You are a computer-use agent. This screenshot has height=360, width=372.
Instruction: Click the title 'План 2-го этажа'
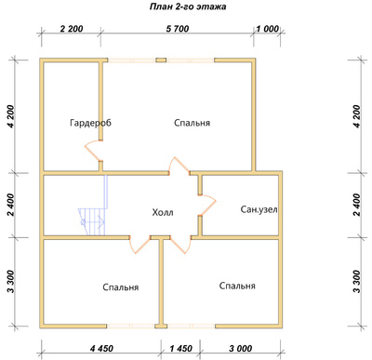tap(188, 7)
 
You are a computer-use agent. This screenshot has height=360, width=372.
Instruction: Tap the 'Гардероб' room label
tap(90, 123)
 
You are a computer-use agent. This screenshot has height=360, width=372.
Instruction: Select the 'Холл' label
tap(163, 213)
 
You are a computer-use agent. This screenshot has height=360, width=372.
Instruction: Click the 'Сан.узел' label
tap(259, 209)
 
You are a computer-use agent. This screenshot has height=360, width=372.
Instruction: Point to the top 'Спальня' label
tap(192, 123)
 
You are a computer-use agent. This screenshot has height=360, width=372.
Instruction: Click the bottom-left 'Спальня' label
tap(121, 287)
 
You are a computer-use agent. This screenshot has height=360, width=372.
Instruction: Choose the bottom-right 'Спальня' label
tap(237, 286)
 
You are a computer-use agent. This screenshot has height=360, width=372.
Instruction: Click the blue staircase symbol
tap(93, 214)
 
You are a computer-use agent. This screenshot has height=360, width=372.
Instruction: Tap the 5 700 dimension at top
tap(178, 29)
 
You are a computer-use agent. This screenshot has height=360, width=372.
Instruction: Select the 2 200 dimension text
tap(72, 29)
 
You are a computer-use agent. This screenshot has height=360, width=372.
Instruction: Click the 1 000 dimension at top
tap(268, 29)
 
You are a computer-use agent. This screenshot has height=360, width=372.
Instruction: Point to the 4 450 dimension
tap(101, 349)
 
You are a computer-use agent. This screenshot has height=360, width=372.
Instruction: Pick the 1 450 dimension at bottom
tap(180, 349)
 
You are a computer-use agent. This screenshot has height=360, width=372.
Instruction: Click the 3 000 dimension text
tap(241, 349)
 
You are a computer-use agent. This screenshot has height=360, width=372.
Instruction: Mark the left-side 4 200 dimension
tap(10, 116)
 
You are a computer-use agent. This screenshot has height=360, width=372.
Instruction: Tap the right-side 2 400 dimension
tap(357, 205)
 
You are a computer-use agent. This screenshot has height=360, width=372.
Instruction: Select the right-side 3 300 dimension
tap(357, 282)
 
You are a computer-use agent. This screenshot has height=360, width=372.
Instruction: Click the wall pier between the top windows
tap(161, 60)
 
